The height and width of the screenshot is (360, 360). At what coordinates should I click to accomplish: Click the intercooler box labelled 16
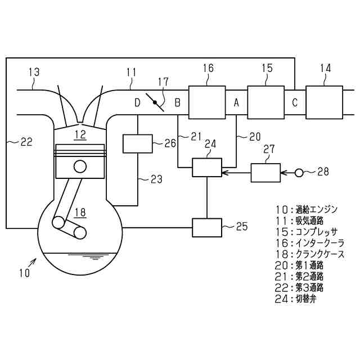coord(207,102)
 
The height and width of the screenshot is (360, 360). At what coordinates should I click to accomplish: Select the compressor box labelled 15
coord(266,102)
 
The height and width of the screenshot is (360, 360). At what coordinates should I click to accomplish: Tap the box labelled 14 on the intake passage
coord(324,102)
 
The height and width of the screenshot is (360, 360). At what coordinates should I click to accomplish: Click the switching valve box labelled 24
coord(207,167)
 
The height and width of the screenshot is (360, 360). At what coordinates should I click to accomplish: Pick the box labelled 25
coord(207,227)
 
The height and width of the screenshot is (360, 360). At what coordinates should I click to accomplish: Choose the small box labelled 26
coord(137,143)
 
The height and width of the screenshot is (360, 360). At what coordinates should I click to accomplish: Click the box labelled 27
coord(265,172)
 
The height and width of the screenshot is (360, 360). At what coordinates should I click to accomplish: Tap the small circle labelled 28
coord(299,172)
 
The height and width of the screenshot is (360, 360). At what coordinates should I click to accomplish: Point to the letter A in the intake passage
coord(237,103)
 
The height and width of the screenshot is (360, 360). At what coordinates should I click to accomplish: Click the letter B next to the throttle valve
coord(177,103)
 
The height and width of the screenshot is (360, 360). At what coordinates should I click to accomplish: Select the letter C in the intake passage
coord(294,103)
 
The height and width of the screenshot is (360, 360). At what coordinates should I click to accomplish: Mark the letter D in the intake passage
coord(137,103)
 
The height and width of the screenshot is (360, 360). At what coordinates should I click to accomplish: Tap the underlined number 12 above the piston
coord(80,134)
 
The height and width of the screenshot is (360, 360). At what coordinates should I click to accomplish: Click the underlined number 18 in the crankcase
coord(80,212)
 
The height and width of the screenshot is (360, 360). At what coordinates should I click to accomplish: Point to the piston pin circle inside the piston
coord(80,166)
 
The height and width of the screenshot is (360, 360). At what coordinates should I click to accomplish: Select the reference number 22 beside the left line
coord(26,142)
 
